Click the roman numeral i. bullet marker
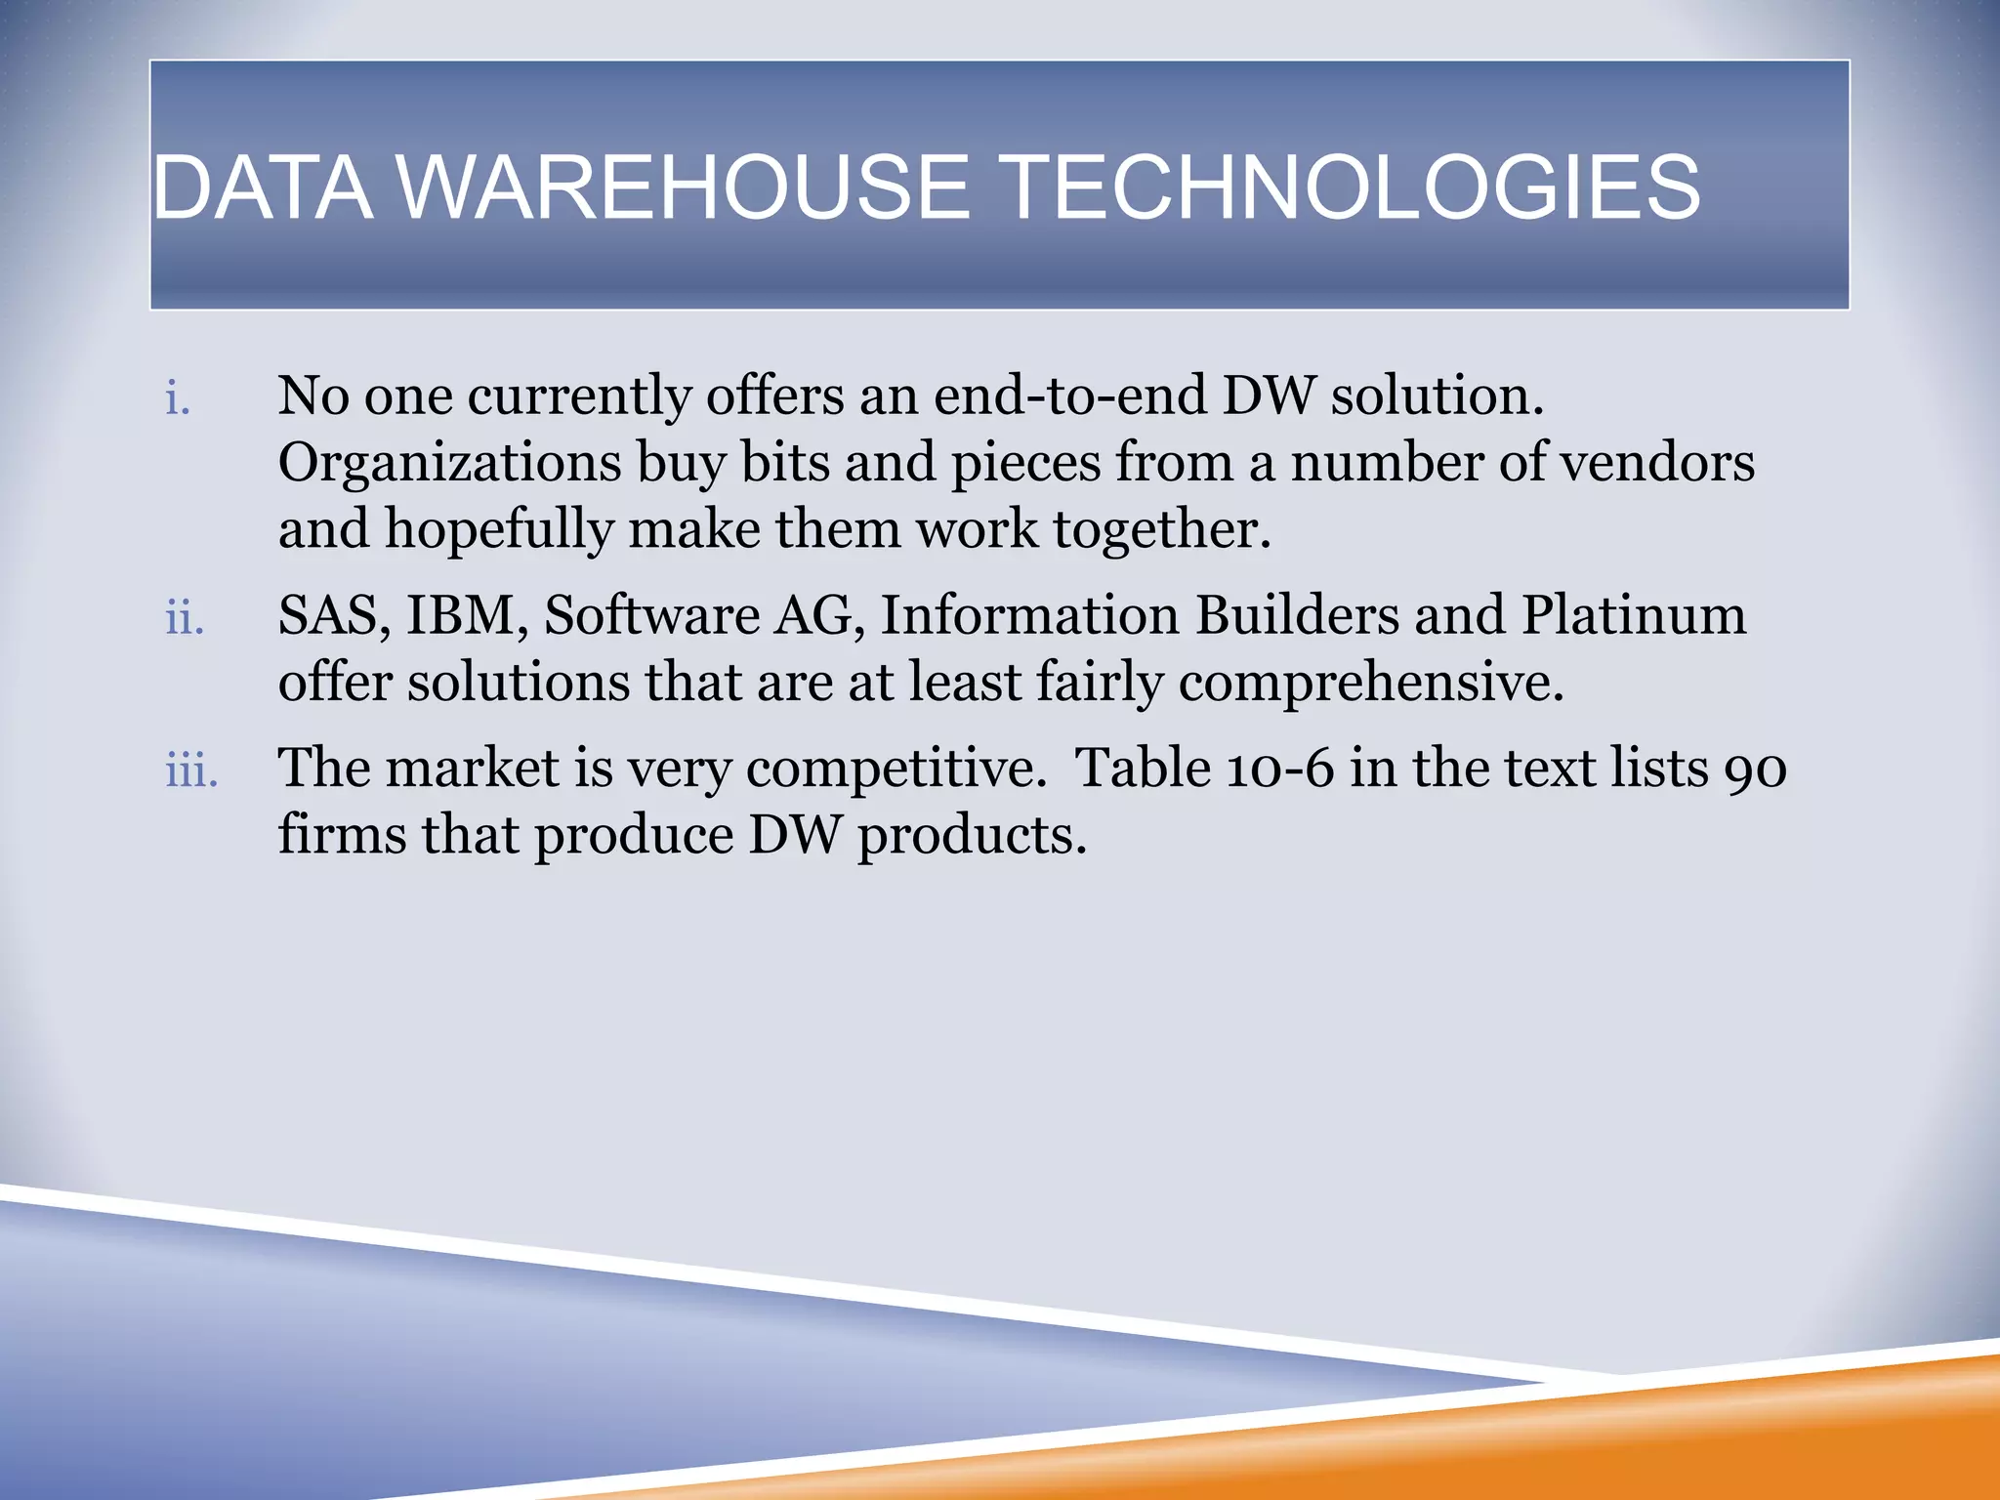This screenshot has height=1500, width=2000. [x=178, y=398]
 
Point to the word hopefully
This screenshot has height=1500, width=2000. [x=498, y=530]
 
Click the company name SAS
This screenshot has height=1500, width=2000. [x=327, y=616]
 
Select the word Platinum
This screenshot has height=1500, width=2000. [x=1634, y=616]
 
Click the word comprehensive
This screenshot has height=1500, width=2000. [x=1370, y=683]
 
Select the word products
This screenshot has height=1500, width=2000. [x=972, y=837]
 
